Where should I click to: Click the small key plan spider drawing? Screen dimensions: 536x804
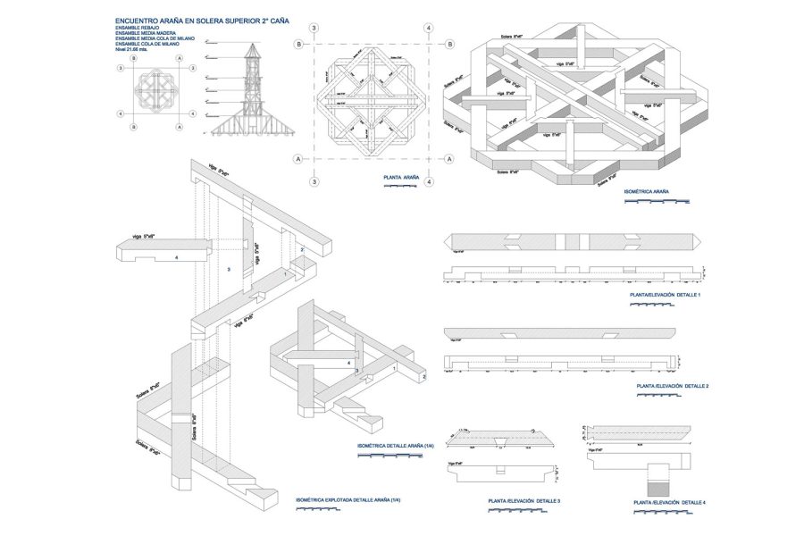(157, 88)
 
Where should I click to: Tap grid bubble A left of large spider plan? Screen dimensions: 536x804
(296, 159)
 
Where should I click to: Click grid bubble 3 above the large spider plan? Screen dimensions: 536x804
(314, 28)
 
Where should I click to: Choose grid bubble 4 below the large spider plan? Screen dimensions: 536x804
(430, 181)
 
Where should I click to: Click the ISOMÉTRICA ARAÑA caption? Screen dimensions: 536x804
(647, 191)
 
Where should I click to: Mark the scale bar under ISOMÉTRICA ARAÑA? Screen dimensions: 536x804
(656, 201)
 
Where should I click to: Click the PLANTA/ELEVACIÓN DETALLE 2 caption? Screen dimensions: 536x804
(672, 386)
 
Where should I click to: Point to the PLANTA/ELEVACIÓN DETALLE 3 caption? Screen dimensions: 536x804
(524, 501)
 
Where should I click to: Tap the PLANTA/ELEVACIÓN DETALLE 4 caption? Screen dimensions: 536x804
(669, 503)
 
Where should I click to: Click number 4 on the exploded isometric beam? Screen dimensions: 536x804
(178, 258)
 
